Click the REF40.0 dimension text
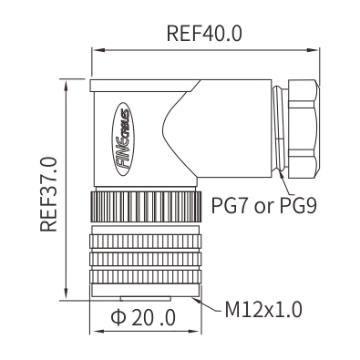pyautogui.click(x=204, y=34)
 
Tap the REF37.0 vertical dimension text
pyautogui.click(x=48, y=194)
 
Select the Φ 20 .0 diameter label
pyautogui.click(x=143, y=318)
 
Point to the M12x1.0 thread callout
pyautogui.click(x=263, y=310)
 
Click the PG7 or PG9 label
pyautogui.click(x=264, y=206)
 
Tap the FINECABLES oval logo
pyautogui.click(x=122, y=139)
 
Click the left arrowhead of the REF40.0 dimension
pyautogui.click(x=98, y=50)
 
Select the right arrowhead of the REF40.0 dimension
pyautogui.click(x=313, y=50)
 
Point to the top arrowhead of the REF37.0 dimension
pyautogui.click(x=66, y=85)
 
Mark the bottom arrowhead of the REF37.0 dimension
pyautogui.click(x=66, y=294)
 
